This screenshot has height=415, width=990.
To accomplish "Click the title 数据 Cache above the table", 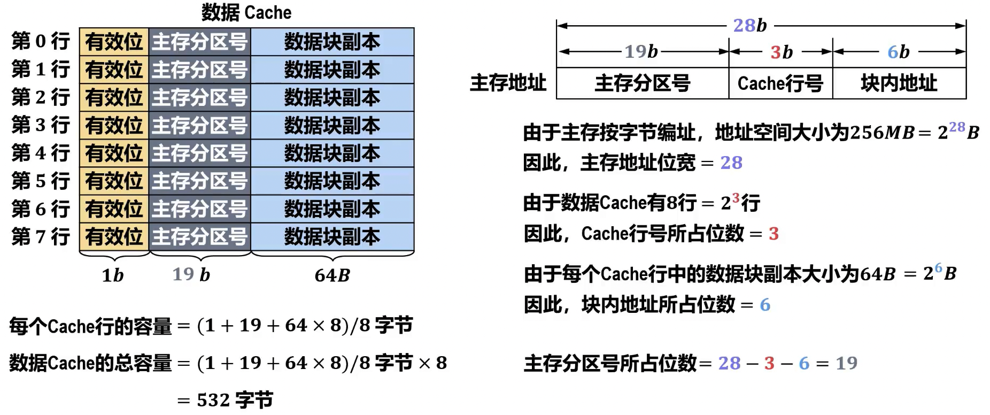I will point(246,12).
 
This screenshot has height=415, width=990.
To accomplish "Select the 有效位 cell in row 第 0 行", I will point(114,42).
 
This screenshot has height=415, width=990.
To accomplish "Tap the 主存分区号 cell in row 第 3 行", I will point(199,126).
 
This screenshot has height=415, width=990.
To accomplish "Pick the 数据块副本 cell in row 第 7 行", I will point(332,237).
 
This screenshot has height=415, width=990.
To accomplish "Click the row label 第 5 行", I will point(41,181).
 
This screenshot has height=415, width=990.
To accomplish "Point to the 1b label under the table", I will point(112,275).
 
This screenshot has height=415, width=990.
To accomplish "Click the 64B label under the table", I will point(332,275).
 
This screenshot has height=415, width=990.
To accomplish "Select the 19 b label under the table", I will point(191,275).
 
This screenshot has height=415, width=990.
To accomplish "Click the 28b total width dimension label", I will point(749,25).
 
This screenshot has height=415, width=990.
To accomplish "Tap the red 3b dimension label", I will point(781,52).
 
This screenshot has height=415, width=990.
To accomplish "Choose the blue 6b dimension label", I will point(898,52).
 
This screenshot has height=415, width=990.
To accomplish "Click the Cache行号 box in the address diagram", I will point(780,83).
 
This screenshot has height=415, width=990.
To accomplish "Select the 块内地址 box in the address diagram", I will point(899,83).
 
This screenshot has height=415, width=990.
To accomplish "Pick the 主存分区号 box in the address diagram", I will point(643,83).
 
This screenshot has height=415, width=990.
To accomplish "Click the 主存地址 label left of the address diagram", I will point(508,83).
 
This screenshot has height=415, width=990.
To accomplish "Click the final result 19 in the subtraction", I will point(846,364).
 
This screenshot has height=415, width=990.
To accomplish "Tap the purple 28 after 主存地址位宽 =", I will point(731,163).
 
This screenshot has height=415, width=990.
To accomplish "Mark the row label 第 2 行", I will point(41,98).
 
